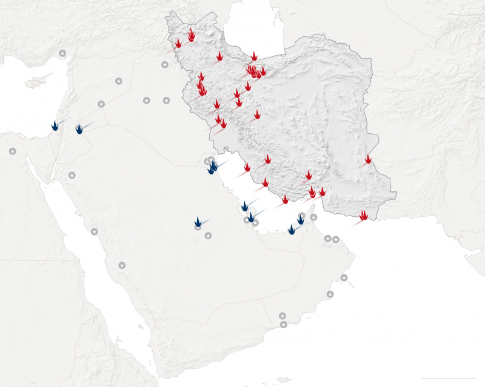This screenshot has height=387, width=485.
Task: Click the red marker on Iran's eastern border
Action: tap(368, 159)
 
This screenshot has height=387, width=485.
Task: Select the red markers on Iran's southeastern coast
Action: tap(363, 215)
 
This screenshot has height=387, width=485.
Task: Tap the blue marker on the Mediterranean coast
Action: tap(55, 125)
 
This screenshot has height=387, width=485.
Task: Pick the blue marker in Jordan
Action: tap(79, 128)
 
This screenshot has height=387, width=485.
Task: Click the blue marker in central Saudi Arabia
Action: tap(198, 222)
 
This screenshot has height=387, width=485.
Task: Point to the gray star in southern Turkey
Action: tap(62, 53)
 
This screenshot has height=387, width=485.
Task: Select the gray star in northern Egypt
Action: tap(13, 151)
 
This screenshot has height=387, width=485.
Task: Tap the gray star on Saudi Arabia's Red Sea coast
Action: tap(94, 231)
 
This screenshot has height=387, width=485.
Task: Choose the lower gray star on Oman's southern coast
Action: tap(284, 325)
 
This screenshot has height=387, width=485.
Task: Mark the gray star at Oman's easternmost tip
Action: tap(344, 278)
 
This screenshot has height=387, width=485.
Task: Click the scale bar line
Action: tap(448, 379)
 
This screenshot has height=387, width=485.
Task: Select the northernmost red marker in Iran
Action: tap(191, 34)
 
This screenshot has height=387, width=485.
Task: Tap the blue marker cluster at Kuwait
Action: tap(212, 166)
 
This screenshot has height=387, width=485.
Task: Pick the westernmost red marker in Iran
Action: tap(178, 44)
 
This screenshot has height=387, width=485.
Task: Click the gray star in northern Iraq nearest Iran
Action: tap(164, 65)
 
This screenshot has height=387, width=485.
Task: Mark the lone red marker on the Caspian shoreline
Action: tap(254, 56)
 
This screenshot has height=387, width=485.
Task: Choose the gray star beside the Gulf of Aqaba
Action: tap(72, 175)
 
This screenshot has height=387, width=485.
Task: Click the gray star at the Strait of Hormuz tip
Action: tap(313, 217)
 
